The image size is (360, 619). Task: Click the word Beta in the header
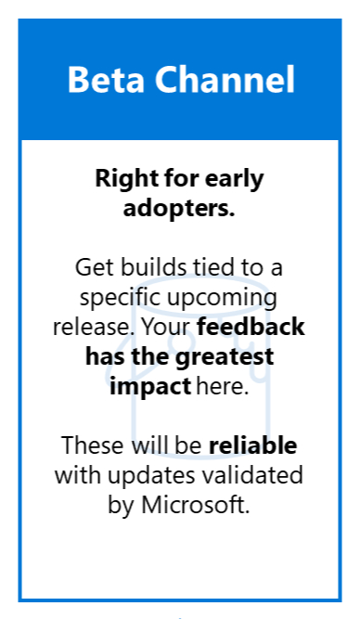(106, 80)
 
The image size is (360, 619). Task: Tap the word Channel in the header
(225, 79)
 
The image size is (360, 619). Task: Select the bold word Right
(122, 180)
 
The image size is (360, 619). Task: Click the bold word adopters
(179, 208)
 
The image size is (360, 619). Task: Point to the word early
(239, 180)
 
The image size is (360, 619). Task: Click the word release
(94, 328)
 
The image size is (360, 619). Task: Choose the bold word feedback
(251, 327)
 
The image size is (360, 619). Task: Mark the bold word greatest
(225, 357)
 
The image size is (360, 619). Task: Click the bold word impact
(150, 386)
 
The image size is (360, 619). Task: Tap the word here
(223, 386)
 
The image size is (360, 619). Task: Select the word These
(94, 445)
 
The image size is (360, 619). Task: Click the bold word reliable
(252, 445)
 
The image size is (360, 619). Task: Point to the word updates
(151, 476)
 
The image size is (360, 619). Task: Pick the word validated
(251, 475)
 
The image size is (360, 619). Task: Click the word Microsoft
(196, 505)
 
